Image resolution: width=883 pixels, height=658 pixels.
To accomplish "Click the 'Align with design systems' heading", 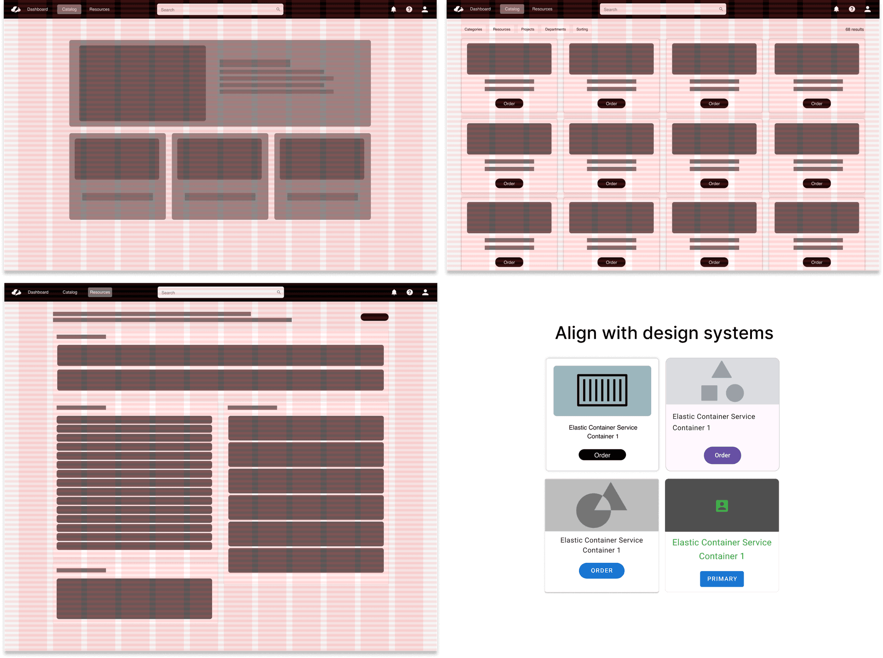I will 664,333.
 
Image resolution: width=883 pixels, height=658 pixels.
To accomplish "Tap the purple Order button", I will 722,455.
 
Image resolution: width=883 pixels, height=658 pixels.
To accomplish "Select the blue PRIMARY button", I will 722,579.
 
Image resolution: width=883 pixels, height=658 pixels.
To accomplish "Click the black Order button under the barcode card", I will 602,455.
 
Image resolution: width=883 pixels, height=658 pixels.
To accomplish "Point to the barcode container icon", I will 602,390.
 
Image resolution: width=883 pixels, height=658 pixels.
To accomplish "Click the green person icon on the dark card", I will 722,506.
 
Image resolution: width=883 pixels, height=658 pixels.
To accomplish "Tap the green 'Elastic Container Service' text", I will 722,543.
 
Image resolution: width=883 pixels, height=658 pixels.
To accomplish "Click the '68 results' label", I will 854,29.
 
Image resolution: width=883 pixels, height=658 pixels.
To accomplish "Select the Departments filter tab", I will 555,29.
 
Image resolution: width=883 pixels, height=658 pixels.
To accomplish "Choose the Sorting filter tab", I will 582,29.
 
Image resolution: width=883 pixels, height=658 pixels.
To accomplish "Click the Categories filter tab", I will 473,29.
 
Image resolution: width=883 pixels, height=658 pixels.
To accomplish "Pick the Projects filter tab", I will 528,29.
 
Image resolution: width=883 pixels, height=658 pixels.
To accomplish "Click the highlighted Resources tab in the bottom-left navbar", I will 100,292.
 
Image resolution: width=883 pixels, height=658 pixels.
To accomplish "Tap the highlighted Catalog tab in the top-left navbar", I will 69,9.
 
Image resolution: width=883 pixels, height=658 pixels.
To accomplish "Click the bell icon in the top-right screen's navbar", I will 836,9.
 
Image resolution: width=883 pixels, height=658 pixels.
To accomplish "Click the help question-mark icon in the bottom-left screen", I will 409,292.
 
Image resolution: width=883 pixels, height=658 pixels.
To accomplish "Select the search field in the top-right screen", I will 662,9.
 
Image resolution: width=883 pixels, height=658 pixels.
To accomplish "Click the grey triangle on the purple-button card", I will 721,371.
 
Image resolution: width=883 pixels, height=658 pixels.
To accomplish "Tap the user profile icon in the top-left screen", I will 424,9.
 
